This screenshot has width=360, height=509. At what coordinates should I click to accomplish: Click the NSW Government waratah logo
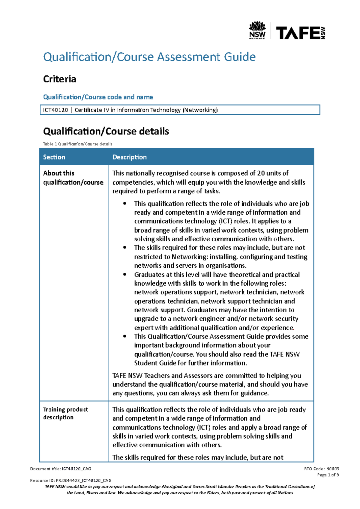(257, 30)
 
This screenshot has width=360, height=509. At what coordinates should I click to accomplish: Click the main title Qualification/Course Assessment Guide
(149, 57)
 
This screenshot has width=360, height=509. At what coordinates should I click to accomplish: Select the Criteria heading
(59, 79)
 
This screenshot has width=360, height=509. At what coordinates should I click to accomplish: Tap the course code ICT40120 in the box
(55, 110)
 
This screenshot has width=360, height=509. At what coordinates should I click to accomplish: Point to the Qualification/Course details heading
(106, 131)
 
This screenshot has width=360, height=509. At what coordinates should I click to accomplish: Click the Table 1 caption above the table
(77, 144)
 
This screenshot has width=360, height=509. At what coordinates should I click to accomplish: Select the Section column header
(54, 157)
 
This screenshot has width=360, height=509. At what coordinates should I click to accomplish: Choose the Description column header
(129, 157)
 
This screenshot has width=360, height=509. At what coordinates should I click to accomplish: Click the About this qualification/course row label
(73, 178)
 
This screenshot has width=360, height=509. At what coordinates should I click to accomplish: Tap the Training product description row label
(65, 413)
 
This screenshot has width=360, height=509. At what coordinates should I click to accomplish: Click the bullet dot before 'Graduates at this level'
(125, 275)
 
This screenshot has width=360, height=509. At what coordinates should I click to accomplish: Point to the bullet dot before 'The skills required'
(125, 248)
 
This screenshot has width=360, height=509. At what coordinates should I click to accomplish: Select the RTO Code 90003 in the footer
(333, 469)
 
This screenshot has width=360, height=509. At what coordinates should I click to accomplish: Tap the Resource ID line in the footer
(71, 481)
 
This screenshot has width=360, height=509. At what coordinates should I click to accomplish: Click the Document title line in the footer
(61, 469)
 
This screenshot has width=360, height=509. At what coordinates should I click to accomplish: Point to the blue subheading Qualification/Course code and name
(98, 97)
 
